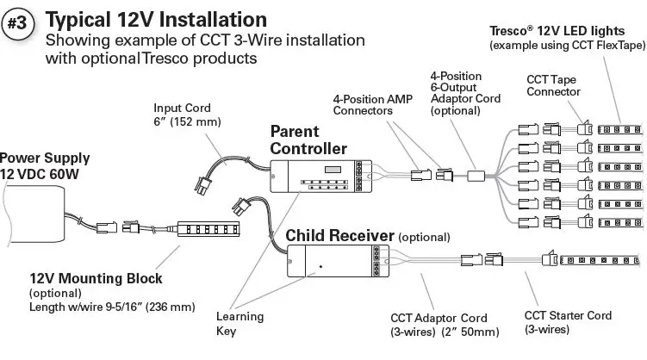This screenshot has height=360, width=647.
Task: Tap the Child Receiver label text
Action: [x=339, y=235]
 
